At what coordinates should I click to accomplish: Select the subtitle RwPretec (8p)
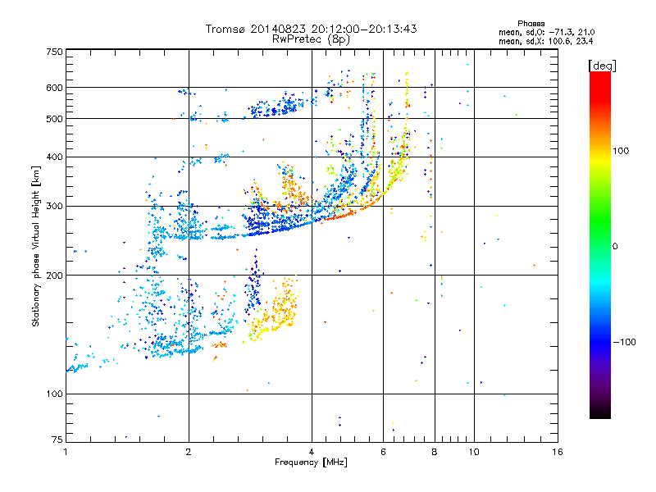pos(311,39)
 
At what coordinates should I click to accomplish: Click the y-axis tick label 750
pos(54,52)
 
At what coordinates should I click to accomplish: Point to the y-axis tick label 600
pos(54,88)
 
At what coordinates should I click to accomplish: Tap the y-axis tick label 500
pos(54,119)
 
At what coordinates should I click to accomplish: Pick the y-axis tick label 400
pos(54,157)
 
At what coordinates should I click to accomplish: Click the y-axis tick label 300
pos(54,207)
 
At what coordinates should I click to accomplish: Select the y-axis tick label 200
pos(54,276)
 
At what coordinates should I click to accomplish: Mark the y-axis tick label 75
pos(57,440)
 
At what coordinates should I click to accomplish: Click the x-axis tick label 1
pos(66,452)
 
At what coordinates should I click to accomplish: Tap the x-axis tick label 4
pos(312,452)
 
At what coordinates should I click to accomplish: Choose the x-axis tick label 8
pos(435,452)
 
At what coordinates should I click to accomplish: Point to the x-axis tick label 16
pos(557,452)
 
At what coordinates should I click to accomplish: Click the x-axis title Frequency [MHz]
pos(311,462)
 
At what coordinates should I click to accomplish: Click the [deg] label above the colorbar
pos(602,66)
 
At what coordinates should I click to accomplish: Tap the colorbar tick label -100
pos(625,342)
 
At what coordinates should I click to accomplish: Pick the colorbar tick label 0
pos(615,247)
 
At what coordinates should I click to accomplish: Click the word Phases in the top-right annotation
pos(531,24)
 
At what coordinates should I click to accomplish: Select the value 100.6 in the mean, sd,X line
pos(559,41)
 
